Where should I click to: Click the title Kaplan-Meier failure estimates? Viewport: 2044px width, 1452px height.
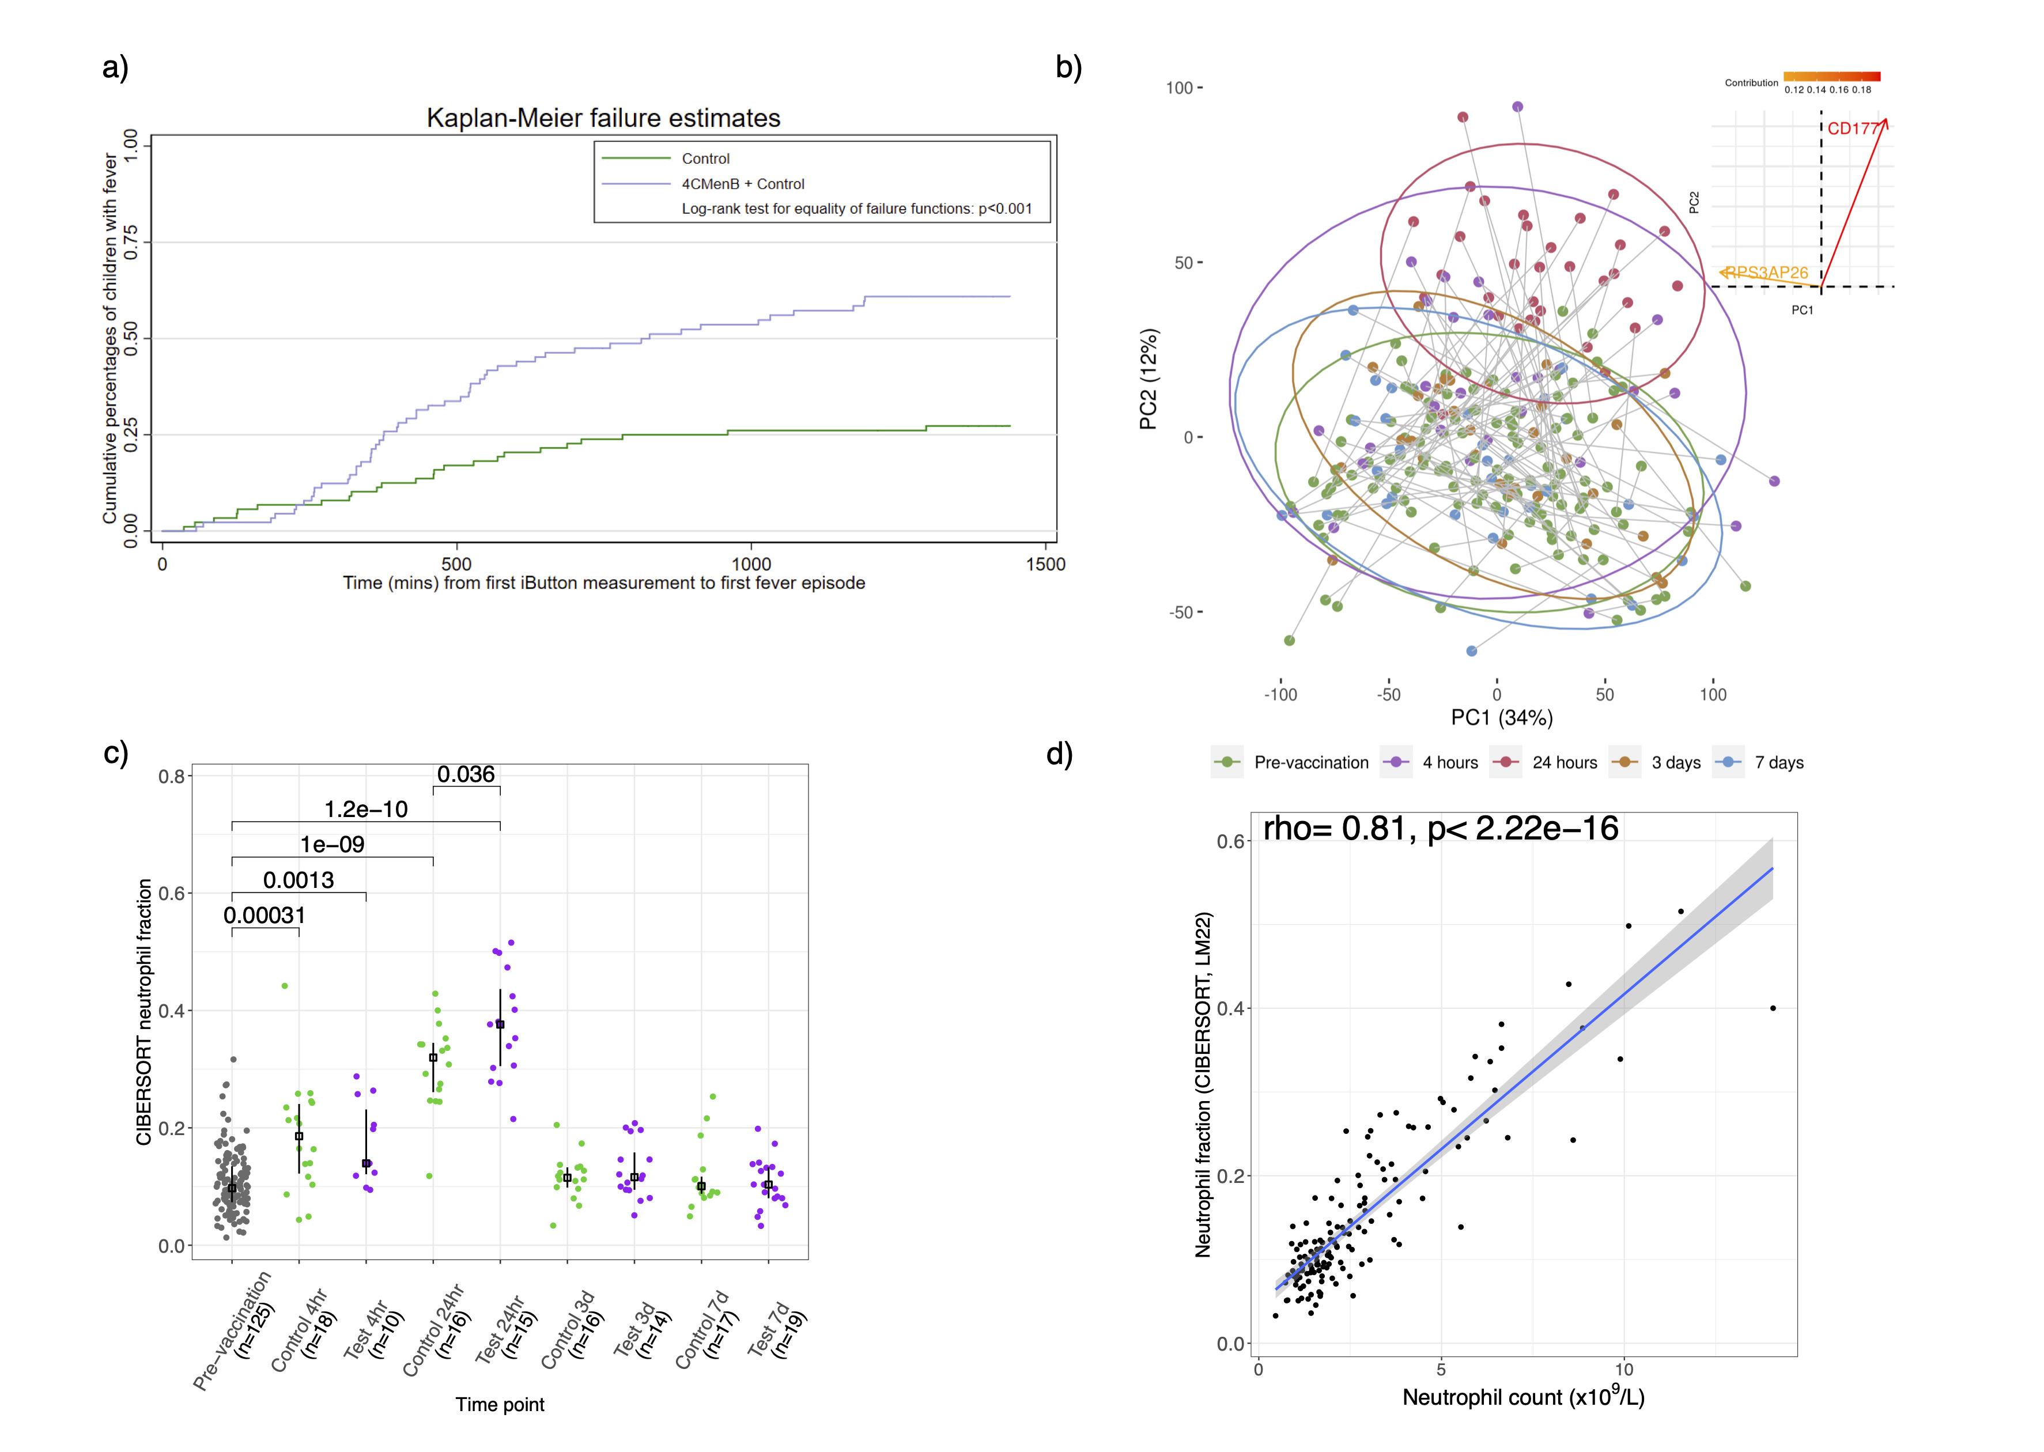[x=603, y=118]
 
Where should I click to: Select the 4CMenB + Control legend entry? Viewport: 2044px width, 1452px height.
[x=742, y=184]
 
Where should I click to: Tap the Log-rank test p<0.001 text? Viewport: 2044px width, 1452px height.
[x=856, y=209]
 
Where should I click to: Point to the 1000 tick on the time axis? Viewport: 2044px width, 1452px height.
[x=751, y=564]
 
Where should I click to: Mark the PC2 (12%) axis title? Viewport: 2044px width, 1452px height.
[x=1149, y=379]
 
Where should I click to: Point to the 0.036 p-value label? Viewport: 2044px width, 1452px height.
[x=466, y=774]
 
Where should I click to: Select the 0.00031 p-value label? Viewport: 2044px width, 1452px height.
[x=265, y=916]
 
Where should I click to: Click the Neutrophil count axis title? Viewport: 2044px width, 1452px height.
[x=1522, y=1397]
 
